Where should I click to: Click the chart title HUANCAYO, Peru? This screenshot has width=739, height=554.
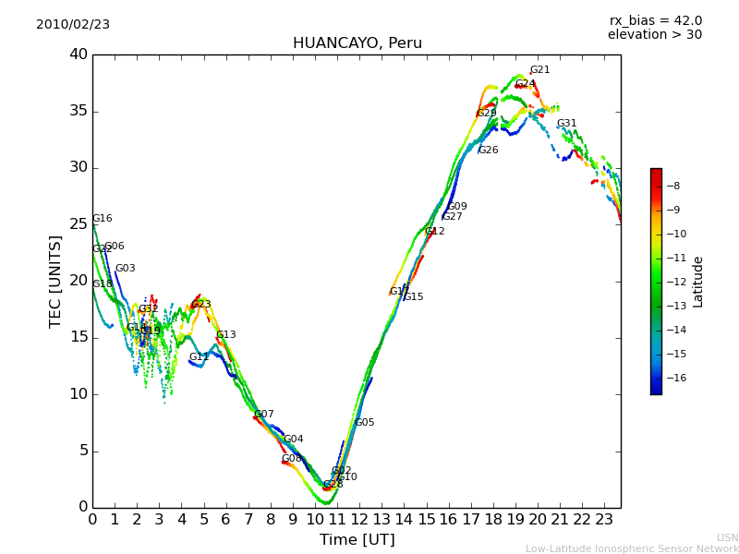(357, 43)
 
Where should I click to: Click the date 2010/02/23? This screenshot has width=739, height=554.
(73, 25)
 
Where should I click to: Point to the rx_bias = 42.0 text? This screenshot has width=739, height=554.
(655, 21)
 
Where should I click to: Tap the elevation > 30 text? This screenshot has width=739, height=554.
(654, 35)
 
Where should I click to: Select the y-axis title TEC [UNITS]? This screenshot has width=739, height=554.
(56, 281)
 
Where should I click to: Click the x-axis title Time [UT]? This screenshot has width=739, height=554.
(357, 540)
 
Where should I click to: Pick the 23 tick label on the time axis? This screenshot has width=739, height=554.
(604, 520)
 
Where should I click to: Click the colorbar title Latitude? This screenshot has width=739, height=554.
(698, 282)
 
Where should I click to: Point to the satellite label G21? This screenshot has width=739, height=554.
(539, 70)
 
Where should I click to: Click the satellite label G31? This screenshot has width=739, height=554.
(566, 124)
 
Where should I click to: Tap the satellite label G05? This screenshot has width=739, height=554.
(364, 423)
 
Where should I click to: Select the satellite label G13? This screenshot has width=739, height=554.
(225, 335)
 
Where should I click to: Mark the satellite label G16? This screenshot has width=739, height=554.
(102, 219)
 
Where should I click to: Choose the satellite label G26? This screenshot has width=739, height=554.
(488, 151)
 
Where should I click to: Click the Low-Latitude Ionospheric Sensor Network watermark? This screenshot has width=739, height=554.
(632, 549)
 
